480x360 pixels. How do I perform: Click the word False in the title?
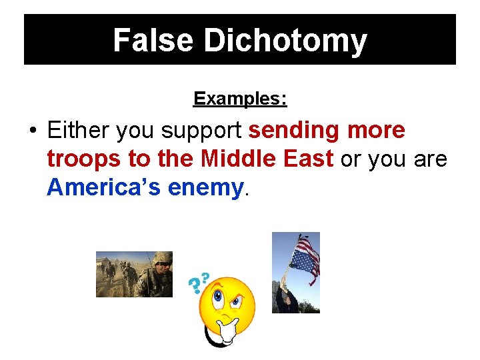point(154,40)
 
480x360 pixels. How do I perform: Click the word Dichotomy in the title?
point(285,40)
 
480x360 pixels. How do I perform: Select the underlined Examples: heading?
point(240,99)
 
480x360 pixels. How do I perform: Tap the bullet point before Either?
point(33,131)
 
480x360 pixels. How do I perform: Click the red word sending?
point(293,131)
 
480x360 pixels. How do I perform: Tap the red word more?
point(375,131)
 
